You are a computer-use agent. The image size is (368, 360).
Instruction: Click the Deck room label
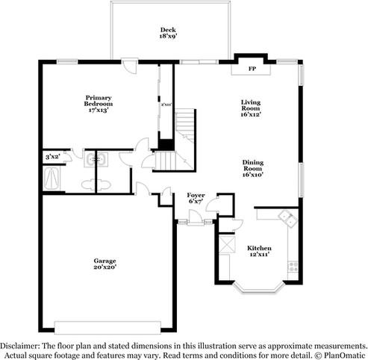[x=168, y=30]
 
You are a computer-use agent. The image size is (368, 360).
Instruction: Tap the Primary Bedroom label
[x=98, y=100]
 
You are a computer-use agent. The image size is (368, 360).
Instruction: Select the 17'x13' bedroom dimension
[x=98, y=110]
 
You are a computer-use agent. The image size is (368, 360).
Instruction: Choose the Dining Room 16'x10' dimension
[x=252, y=174]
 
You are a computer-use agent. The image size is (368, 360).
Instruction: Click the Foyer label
[x=195, y=194]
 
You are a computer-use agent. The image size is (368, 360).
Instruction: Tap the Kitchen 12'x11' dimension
[x=259, y=255]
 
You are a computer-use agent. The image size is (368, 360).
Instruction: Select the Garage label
[x=105, y=259]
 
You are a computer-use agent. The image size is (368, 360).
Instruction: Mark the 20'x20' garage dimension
[x=105, y=266]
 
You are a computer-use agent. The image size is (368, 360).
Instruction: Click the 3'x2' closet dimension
[x=52, y=157]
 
